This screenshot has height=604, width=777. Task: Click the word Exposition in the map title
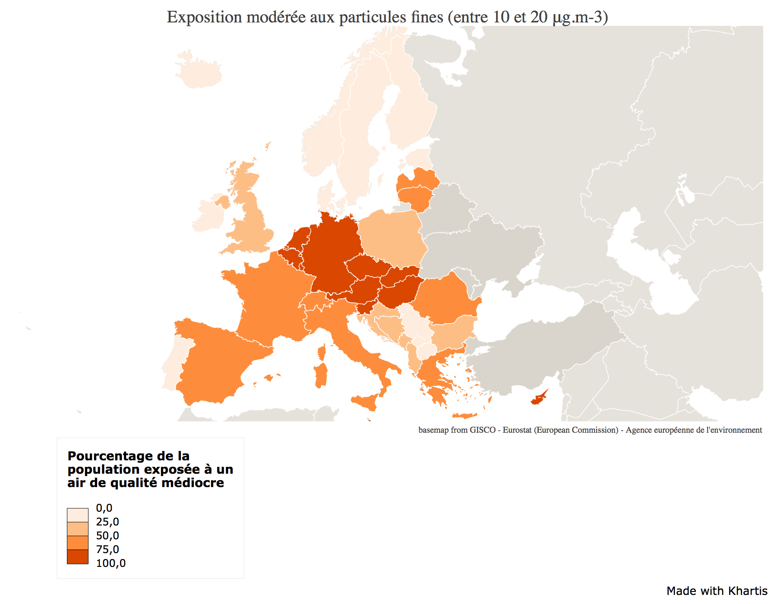pyautogui.click(x=204, y=17)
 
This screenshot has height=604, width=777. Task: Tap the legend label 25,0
pyautogui.click(x=107, y=522)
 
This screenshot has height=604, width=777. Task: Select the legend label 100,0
pyautogui.click(x=111, y=563)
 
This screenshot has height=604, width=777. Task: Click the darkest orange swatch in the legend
pyautogui.click(x=78, y=557)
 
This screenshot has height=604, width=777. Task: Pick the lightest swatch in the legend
pyautogui.click(x=78, y=515)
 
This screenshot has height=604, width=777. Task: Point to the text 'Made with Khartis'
pyautogui.click(x=717, y=591)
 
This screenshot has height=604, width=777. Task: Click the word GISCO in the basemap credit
pyautogui.click(x=483, y=430)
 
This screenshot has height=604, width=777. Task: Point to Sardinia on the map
pyautogui.click(x=321, y=375)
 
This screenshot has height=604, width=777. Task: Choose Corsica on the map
pyautogui.click(x=321, y=352)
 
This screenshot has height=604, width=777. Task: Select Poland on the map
pyautogui.click(x=391, y=237)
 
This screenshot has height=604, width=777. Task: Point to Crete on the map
pyautogui.click(x=464, y=416)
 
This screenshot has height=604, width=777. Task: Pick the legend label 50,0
pyautogui.click(x=107, y=536)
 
